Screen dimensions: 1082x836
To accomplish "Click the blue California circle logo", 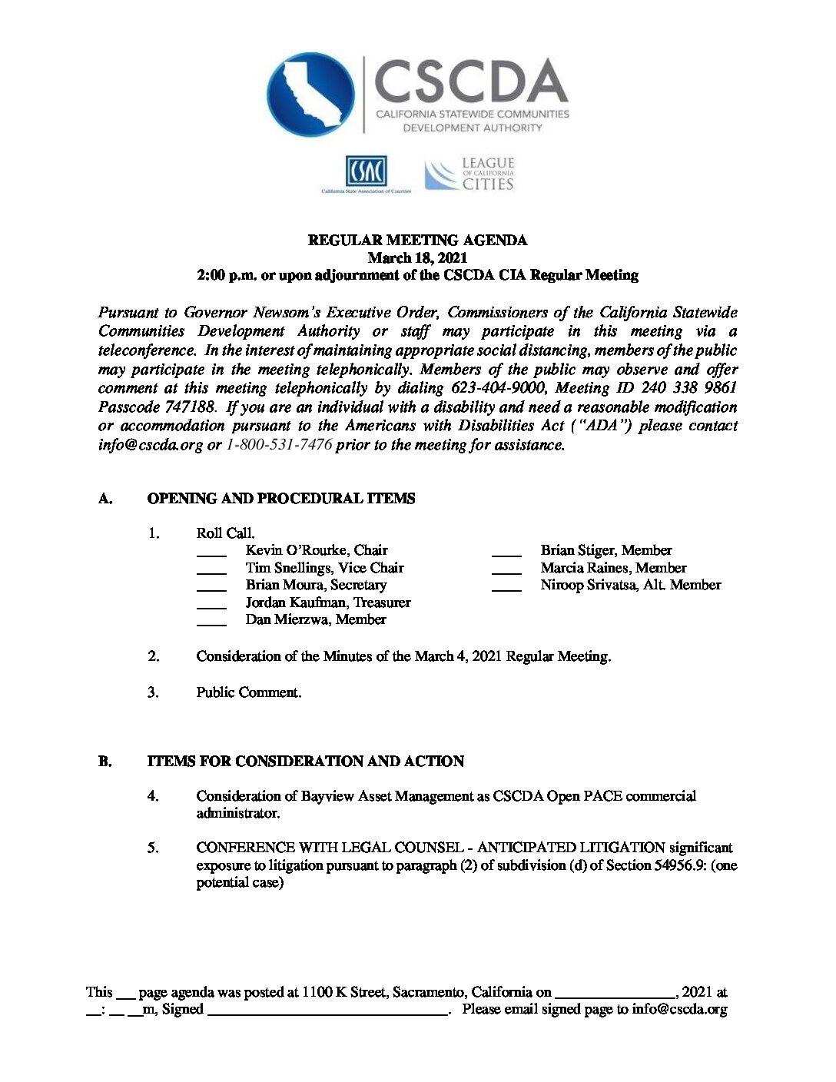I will pos(310,95).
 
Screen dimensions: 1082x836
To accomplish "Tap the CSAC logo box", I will pos(366,171).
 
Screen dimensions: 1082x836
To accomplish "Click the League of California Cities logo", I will pos(469,174).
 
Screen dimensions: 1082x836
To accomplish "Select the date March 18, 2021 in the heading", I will pos(417,257).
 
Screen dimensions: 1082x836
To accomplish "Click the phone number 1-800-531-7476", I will pos(279,445).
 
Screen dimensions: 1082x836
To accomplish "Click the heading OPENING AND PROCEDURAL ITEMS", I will pos(280,499).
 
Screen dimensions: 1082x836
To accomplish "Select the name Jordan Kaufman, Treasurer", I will pos(328,602).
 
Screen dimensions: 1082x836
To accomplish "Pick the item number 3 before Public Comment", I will pos(154,692).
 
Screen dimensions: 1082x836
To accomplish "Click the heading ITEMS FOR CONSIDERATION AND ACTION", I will pos(306,762).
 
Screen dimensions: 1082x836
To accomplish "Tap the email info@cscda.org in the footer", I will pos(679,1010).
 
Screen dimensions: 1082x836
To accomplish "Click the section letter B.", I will pos(104,762).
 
